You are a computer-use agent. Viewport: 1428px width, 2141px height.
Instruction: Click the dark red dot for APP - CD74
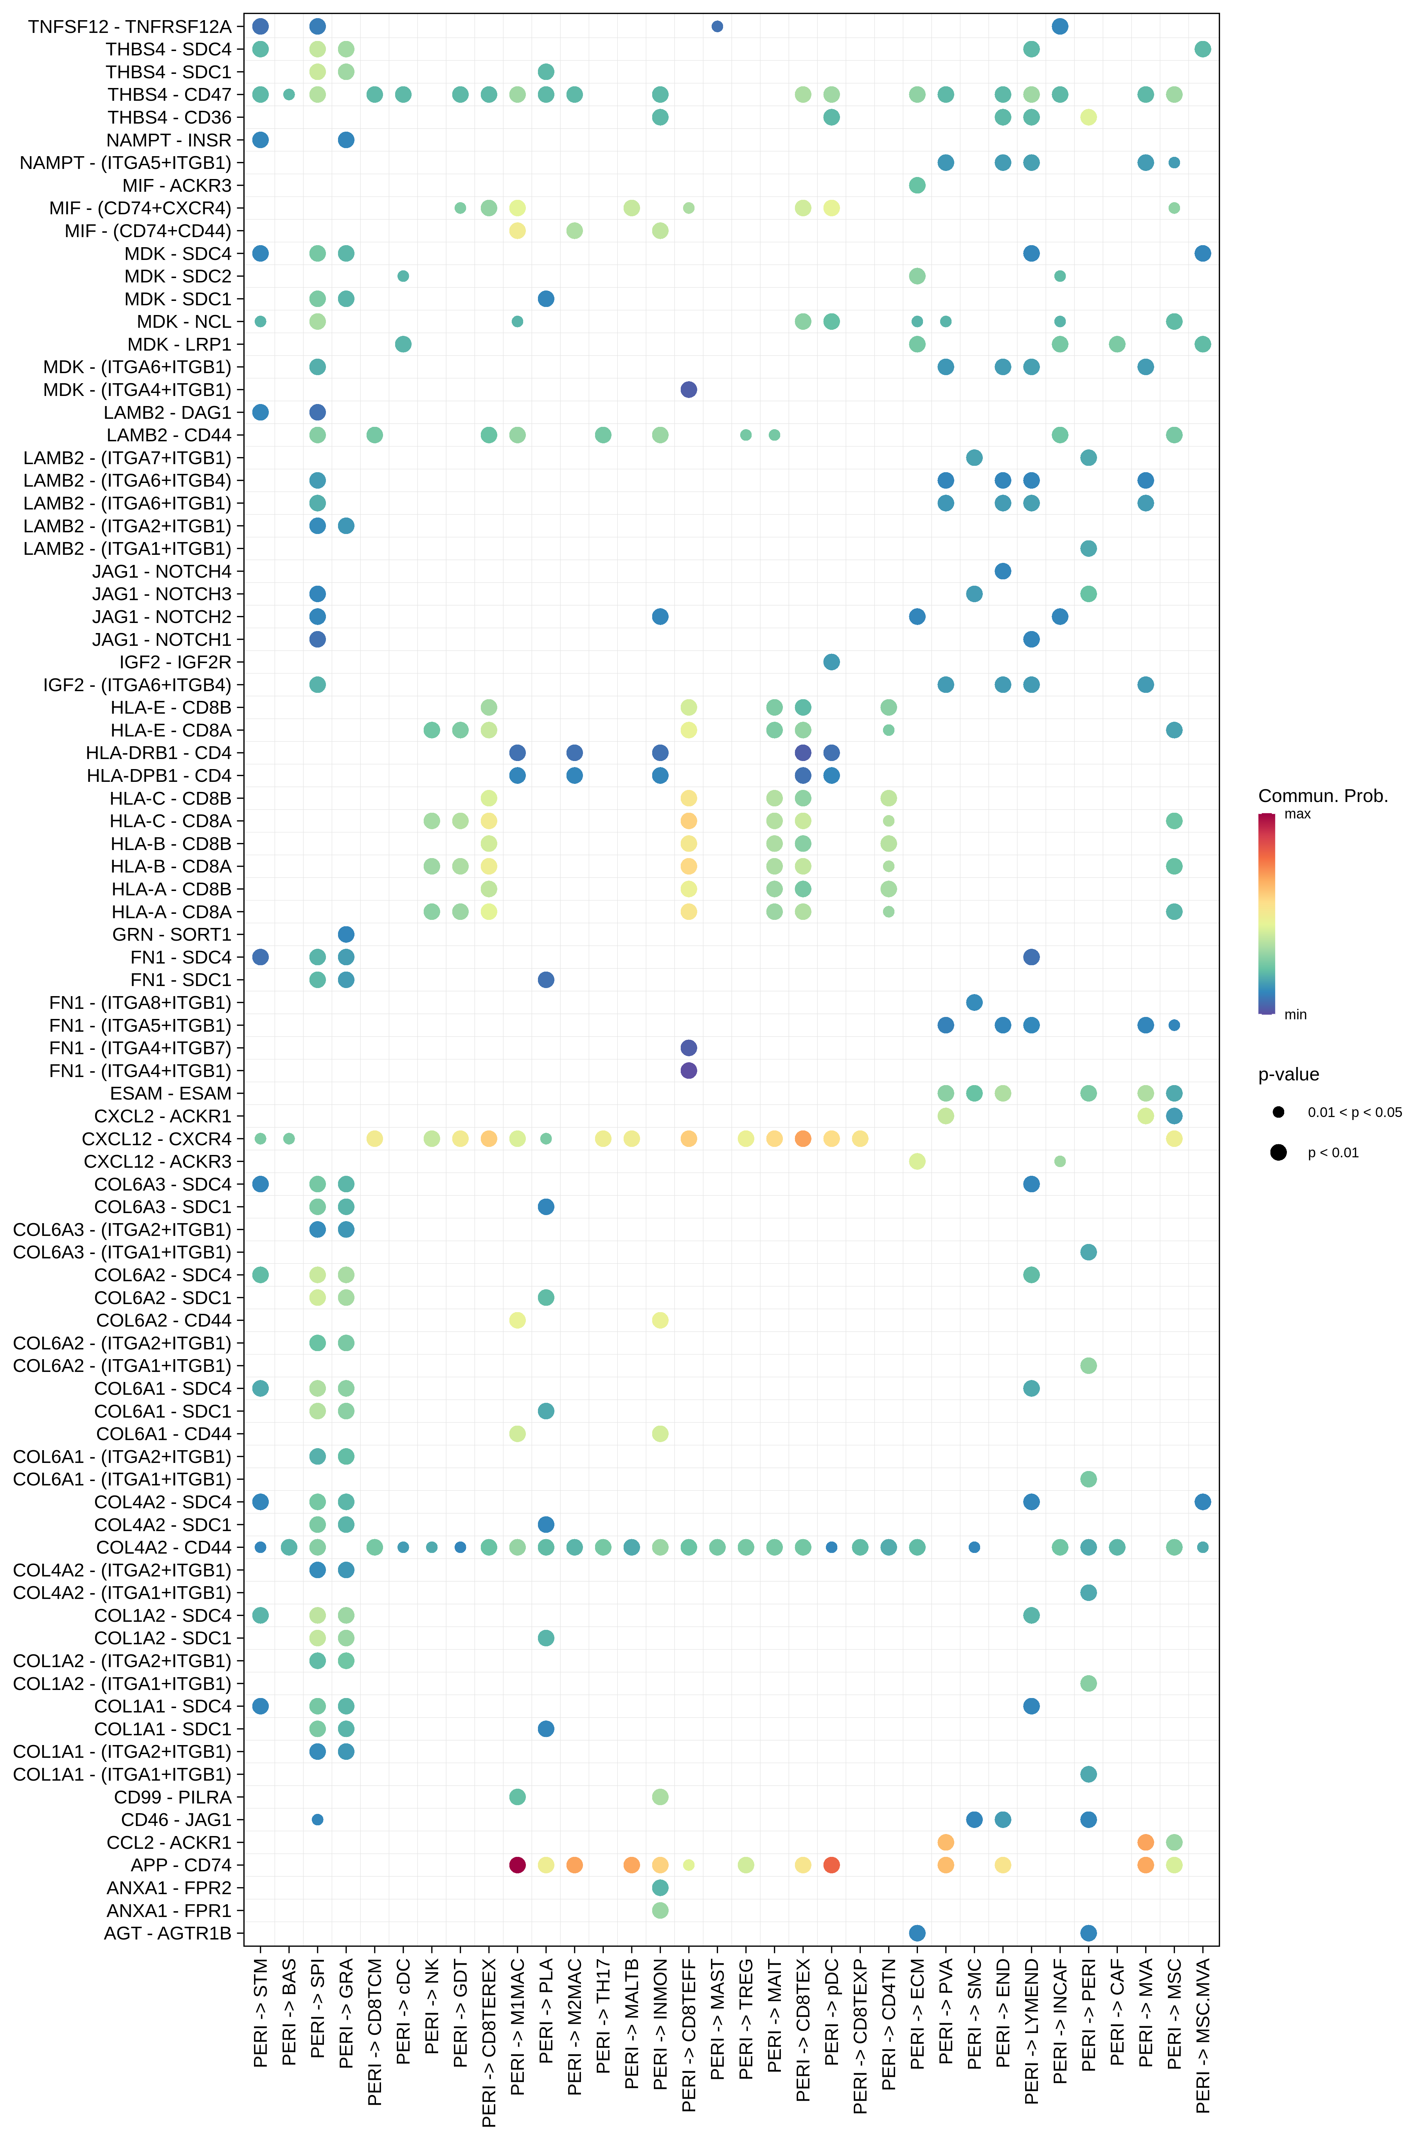tap(517, 1865)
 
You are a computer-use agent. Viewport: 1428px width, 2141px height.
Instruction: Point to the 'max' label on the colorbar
tap(1298, 814)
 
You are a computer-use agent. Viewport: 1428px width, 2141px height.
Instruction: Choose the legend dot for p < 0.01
tap(1278, 1152)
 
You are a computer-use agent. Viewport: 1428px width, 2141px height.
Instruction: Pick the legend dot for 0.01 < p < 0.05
tap(1278, 1112)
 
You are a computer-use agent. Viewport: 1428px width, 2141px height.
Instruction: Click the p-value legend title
tap(1289, 1075)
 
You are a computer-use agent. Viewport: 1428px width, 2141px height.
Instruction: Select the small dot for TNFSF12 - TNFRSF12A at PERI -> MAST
tap(718, 27)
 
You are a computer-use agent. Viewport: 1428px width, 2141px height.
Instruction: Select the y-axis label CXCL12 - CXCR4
tap(157, 1139)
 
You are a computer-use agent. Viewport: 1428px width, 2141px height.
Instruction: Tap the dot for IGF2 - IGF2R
tap(832, 662)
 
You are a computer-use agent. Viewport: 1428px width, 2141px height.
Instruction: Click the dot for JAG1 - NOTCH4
tap(1003, 571)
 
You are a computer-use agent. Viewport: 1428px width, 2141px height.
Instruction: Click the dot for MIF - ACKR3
tap(917, 185)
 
